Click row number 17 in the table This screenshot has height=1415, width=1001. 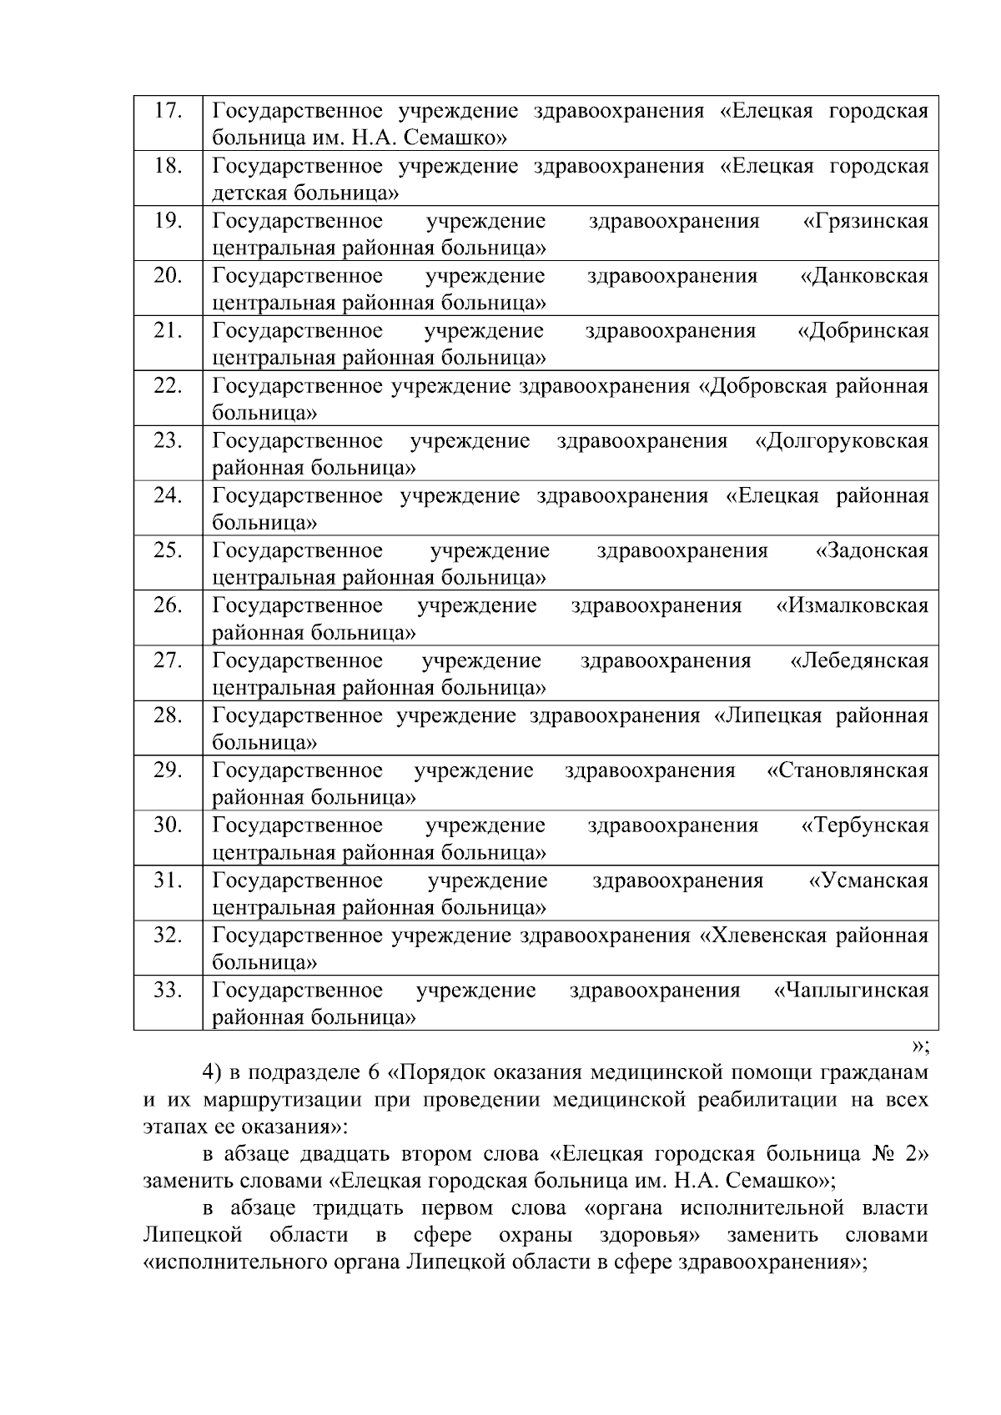coord(168,111)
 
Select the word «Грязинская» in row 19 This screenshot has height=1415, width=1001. coord(866,222)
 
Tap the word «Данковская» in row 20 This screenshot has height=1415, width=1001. coord(864,277)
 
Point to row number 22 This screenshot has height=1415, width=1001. coord(168,386)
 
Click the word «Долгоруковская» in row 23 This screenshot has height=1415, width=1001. coord(842,441)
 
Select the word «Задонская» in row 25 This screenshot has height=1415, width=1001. coord(872,551)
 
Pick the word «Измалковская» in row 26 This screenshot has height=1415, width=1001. coord(853,606)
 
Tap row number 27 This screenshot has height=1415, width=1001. coord(168,661)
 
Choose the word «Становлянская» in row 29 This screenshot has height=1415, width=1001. coord(848,771)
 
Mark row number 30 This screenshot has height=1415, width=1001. coord(168,825)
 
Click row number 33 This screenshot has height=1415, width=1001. coord(168,991)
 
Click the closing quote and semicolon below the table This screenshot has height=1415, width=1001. coord(920,1046)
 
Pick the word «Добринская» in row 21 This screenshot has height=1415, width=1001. coord(863,332)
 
